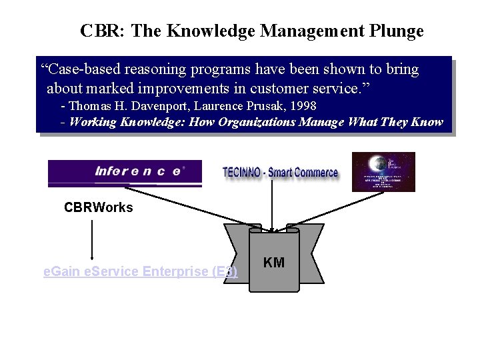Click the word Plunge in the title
(396, 31)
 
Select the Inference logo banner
(125, 172)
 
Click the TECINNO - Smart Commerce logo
(280, 173)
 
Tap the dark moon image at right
(383, 171)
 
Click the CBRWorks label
(98, 207)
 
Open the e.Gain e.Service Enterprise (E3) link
(140, 271)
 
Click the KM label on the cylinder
(274, 263)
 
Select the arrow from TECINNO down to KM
(272, 207)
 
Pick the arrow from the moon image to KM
(333, 211)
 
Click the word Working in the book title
(93, 121)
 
